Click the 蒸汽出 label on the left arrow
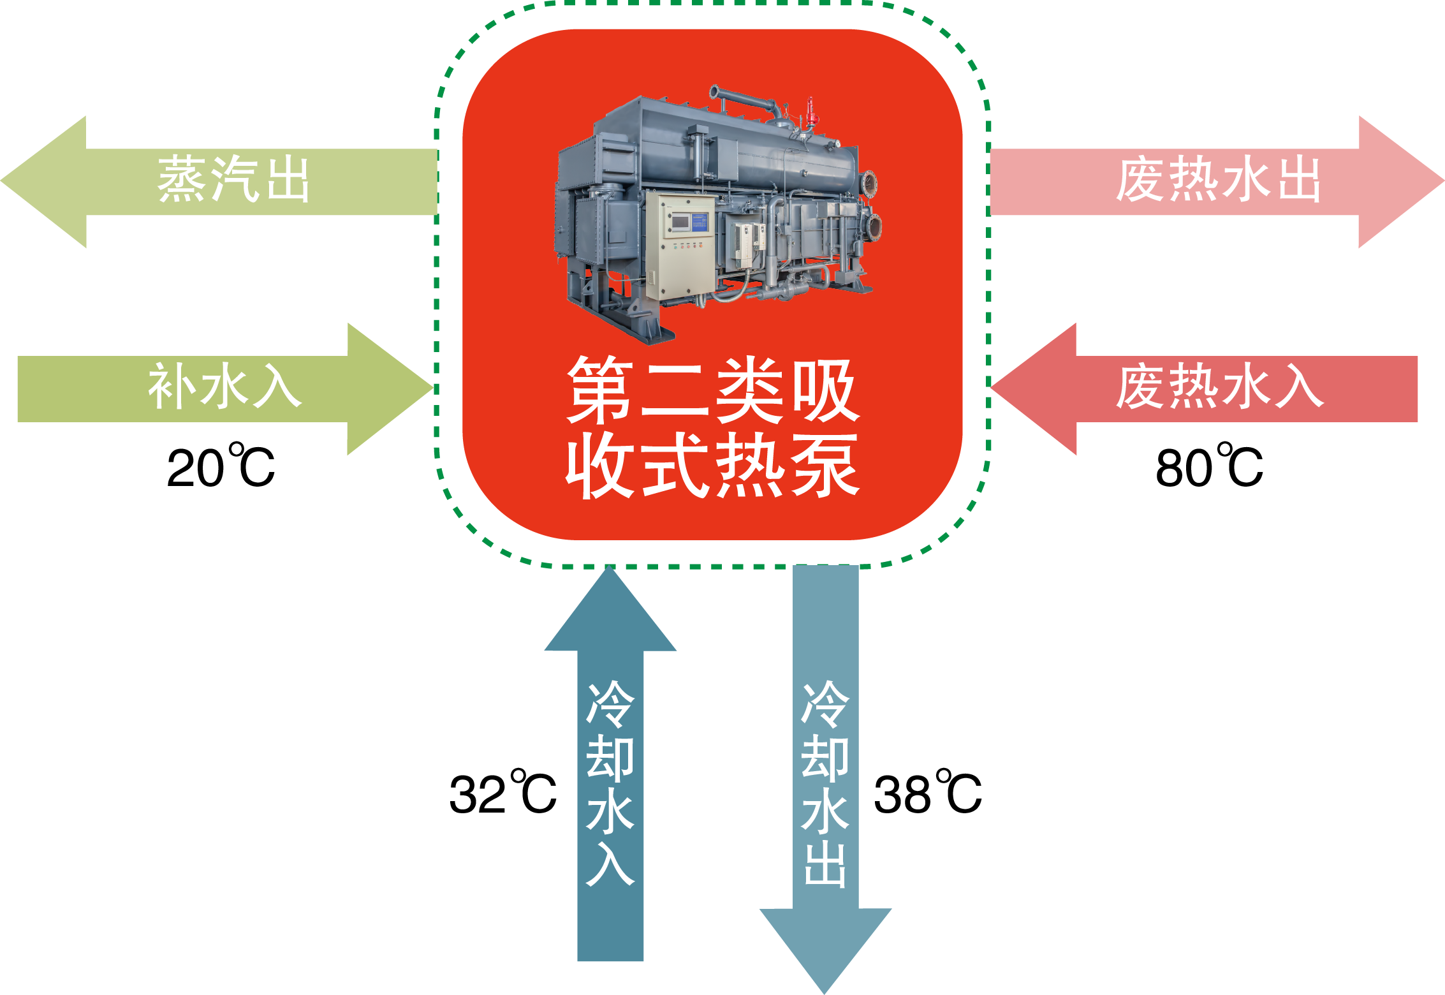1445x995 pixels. pos(233,179)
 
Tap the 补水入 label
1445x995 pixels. pos(224,387)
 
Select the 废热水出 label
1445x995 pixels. pos(1218,181)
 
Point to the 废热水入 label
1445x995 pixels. pos(1219,387)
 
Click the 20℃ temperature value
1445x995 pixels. pos(221,467)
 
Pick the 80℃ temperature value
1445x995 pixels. pos(1209,467)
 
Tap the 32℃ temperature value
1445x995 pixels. pos(502,793)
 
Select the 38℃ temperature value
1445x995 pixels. pos(927,793)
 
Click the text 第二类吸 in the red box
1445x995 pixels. pos(712,390)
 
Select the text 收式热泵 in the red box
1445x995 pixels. pos(712,466)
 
